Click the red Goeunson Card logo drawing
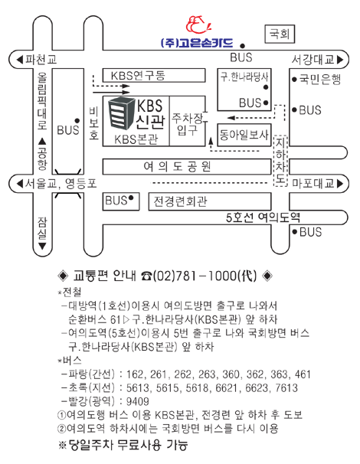click(198, 25)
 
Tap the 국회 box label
click(280, 34)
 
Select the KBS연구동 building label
click(138, 76)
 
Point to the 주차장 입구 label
click(188, 124)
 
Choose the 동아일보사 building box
click(244, 135)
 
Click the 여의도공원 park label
click(178, 167)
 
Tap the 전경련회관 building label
click(180, 201)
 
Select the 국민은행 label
click(320, 79)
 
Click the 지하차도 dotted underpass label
click(280, 161)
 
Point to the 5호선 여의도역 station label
click(263, 217)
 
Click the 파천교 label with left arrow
click(37, 60)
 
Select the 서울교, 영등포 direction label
click(57, 184)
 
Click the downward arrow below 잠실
click(42, 247)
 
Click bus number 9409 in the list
click(138, 401)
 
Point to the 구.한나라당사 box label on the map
click(244, 77)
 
